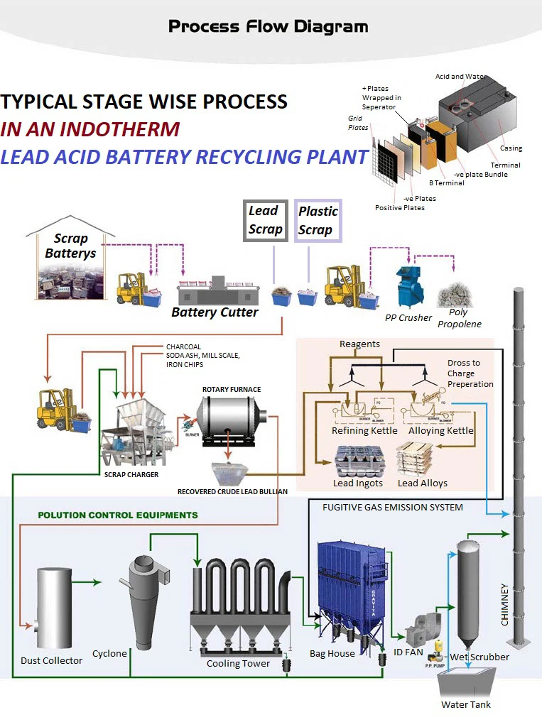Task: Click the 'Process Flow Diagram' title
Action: pyautogui.click(x=269, y=27)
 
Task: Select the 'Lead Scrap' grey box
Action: pyautogui.click(x=265, y=220)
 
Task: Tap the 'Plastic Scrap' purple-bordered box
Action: pyautogui.click(x=318, y=220)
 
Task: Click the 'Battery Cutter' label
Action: pyautogui.click(x=214, y=312)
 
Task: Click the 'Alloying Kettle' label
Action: pyautogui.click(x=440, y=430)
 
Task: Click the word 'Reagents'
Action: pyautogui.click(x=359, y=344)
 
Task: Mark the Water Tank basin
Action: pyautogui.click(x=466, y=685)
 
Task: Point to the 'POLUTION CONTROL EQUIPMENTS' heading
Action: pyautogui.click(x=118, y=515)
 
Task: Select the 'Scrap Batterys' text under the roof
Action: pyautogui.click(x=70, y=246)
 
